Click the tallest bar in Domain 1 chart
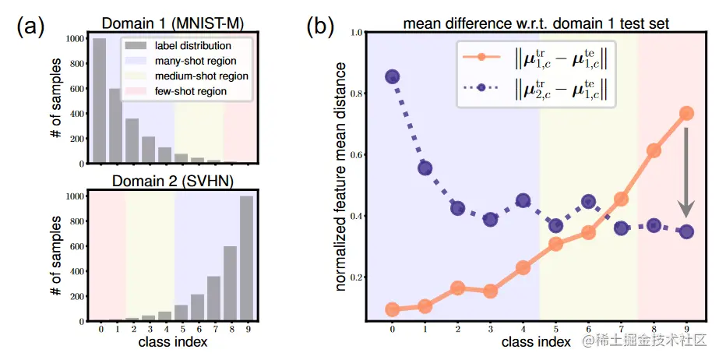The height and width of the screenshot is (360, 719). (99, 101)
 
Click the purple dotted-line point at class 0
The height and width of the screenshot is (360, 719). (393, 76)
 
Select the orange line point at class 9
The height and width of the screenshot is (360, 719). (686, 113)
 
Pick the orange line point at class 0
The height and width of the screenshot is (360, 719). (393, 309)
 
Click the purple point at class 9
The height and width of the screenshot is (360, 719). (686, 231)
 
